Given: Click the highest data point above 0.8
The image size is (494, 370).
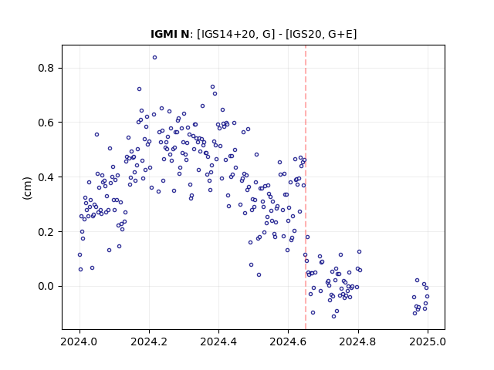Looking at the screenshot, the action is (154, 58).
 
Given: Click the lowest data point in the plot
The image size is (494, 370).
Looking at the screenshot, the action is (334, 317).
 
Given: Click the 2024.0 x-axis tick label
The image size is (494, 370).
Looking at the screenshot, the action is (80, 341).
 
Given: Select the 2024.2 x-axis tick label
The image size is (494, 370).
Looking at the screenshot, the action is (149, 341).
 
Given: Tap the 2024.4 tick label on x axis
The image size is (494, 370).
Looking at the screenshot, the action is (218, 341).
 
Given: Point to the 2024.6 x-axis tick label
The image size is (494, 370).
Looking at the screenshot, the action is (288, 341).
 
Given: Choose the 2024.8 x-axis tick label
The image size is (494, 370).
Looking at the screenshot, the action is (358, 341).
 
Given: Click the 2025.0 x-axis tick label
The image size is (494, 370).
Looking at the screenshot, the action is (428, 341).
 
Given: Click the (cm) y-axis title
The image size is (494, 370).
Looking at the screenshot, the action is (28, 188).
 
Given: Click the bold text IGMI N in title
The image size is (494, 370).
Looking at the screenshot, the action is (170, 34).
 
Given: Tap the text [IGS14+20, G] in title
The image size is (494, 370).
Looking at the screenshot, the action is (234, 34).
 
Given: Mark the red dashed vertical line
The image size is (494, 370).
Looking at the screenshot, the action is (306, 187).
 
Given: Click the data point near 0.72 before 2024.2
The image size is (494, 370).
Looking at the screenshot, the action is (139, 89).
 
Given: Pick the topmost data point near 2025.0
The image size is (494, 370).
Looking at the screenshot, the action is (417, 281).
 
